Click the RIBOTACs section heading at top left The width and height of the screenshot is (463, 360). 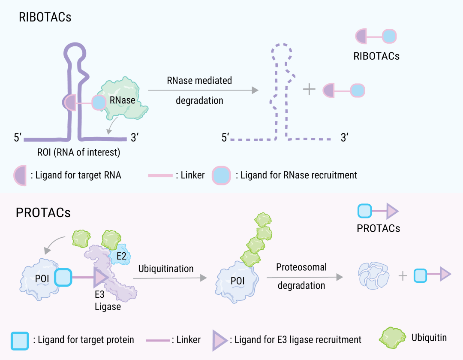pos(45,17)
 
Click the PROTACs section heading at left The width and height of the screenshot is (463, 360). pos(43,213)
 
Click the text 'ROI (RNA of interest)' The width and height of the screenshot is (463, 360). pos(79,152)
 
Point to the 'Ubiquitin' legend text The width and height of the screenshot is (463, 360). pos(429,338)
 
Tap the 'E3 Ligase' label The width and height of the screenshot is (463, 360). pos(108,302)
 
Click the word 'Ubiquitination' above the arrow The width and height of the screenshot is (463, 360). pos(166,269)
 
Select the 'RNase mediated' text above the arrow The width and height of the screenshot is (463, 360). pos(199,80)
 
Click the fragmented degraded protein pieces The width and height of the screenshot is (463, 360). pos(373,275)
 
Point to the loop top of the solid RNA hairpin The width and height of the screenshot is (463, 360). pos(77,48)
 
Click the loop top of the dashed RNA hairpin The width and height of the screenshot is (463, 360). pos(281,48)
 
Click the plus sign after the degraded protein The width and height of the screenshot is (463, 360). pos(402,275)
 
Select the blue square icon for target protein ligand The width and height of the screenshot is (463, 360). pos(20,340)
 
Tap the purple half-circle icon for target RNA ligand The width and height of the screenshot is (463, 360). pos(20,175)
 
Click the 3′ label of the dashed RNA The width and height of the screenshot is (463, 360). pos(344,138)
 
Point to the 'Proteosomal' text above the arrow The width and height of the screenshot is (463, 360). pos(301,267)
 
